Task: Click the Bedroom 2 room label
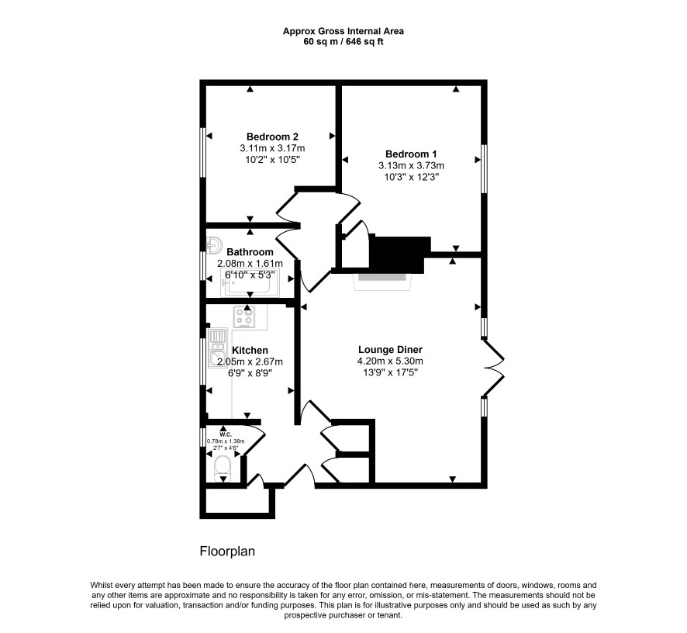pyautogui.click(x=272, y=137)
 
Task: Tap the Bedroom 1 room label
pyautogui.click(x=411, y=154)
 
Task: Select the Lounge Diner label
pyautogui.click(x=390, y=350)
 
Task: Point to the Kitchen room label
pyautogui.click(x=250, y=351)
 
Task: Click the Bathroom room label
pyautogui.click(x=250, y=252)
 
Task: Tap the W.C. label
pyautogui.click(x=226, y=434)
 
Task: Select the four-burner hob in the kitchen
pyautogui.click(x=244, y=317)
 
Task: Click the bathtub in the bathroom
pyautogui.click(x=250, y=284)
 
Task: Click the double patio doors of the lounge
pyautogui.click(x=494, y=368)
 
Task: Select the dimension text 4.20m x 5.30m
pyautogui.click(x=390, y=361)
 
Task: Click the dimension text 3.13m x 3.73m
pyautogui.click(x=411, y=166)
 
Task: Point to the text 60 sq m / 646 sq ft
pyautogui.click(x=343, y=42)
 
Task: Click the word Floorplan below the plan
pyautogui.click(x=227, y=551)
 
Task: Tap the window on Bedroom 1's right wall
pyautogui.click(x=484, y=169)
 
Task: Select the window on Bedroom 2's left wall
pyautogui.click(x=203, y=152)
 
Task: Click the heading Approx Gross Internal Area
pyautogui.click(x=343, y=31)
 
